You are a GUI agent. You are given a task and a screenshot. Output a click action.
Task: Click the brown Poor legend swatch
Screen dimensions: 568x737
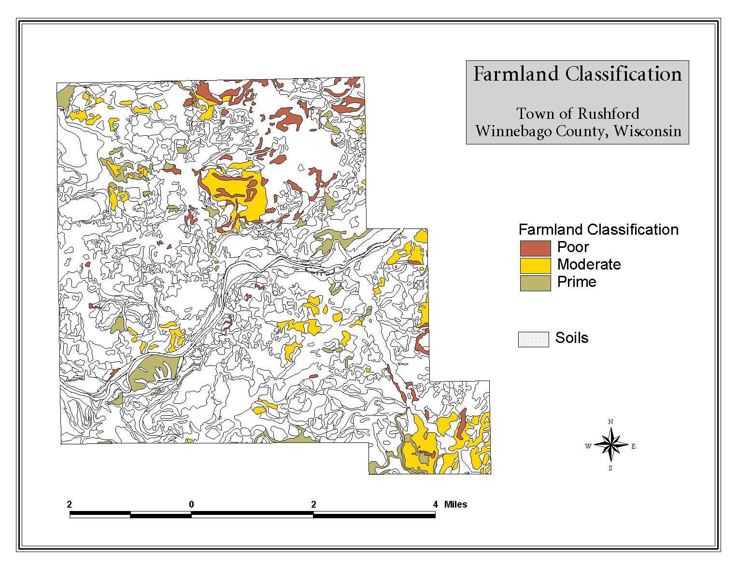coord(535,248)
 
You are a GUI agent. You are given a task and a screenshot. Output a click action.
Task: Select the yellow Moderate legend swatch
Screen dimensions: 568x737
coord(535,265)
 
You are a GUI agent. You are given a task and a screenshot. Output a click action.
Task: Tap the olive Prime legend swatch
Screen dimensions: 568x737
coord(535,283)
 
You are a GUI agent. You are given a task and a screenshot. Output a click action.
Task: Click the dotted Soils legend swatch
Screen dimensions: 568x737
coord(533,339)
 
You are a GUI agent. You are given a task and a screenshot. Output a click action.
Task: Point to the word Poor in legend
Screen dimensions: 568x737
coord(573,247)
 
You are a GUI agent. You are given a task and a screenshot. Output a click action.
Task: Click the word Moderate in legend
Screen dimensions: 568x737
coord(589,265)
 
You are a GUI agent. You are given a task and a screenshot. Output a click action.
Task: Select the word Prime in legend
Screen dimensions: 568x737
coord(577,282)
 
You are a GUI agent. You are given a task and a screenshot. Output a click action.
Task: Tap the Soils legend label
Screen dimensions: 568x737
coord(572,338)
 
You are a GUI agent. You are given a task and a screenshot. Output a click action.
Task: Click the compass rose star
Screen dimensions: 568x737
coord(610,445)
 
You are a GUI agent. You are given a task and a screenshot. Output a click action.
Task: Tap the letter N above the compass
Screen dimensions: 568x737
coord(610,422)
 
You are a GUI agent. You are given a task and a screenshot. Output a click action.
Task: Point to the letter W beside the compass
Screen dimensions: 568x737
coord(588,446)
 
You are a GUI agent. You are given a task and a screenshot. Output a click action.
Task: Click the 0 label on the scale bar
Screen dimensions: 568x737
coord(191,504)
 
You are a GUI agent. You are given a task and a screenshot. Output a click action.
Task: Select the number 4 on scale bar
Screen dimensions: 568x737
coord(435,504)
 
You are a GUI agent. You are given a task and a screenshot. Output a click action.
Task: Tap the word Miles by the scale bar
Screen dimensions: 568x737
coord(455,504)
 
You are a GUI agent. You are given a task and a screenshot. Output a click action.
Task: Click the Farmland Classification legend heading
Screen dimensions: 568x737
coord(598,229)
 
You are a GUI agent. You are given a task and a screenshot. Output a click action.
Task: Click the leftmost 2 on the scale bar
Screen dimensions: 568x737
coord(70,504)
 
